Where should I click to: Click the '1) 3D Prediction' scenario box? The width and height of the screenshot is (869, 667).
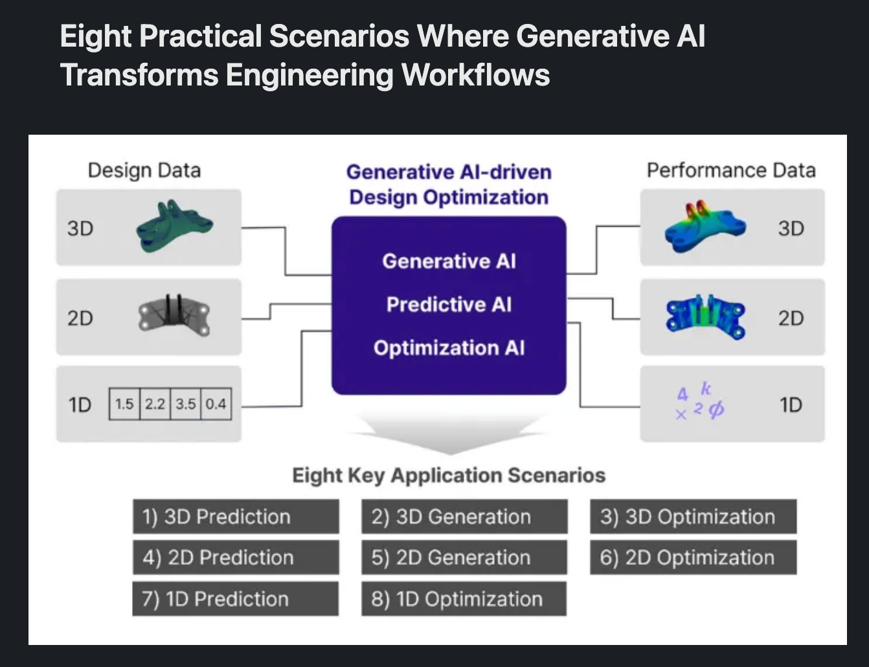pyautogui.click(x=236, y=516)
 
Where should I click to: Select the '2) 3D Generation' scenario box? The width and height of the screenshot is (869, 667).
pyautogui.click(x=464, y=516)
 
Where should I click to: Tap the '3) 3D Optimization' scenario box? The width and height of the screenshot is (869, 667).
pyautogui.click(x=693, y=516)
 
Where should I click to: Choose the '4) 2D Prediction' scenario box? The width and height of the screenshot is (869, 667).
pyautogui.click(x=236, y=557)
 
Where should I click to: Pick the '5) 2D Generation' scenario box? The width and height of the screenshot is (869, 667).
pyautogui.click(x=464, y=557)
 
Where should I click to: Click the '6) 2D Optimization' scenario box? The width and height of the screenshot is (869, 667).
pyautogui.click(x=693, y=557)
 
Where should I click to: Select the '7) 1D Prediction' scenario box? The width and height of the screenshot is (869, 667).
pyautogui.click(x=236, y=598)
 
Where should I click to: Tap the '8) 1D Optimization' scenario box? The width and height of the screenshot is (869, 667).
pyautogui.click(x=464, y=598)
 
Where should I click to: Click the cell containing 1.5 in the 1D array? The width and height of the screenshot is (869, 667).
pyautogui.click(x=124, y=404)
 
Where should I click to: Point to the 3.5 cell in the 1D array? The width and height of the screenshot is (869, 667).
pyautogui.click(x=185, y=404)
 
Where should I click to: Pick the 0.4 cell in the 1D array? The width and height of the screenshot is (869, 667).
pyautogui.click(x=216, y=404)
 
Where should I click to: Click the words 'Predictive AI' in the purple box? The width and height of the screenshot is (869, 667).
pyautogui.click(x=449, y=304)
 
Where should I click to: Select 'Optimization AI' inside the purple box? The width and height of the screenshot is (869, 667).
pyautogui.click(x=449, y=348)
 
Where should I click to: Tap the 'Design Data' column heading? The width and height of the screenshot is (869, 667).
pyautogui.click(x=144, y=170)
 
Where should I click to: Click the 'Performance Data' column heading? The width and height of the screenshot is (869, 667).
pyautogui.click(x=731, y=170)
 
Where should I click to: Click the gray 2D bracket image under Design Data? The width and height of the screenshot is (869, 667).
pyautogui.click(x=174, y=315)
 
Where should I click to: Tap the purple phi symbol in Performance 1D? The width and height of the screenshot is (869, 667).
pyautogui.click(x=716, y=409)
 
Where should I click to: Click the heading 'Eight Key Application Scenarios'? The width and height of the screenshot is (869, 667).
pyautogui.click(x=449, y=475)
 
